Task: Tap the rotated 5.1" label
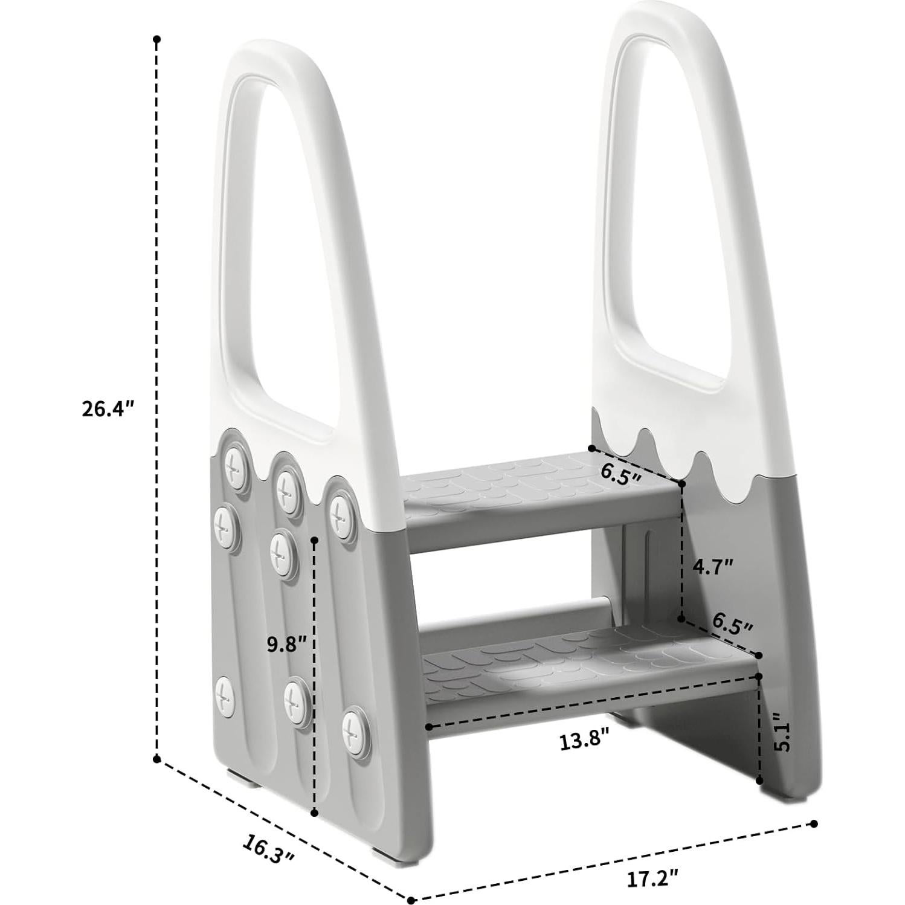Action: pos(784,733)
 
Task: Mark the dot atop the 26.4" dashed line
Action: pos(157,39)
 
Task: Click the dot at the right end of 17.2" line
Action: pos(814,824)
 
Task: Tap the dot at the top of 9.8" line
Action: pos(314,541)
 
